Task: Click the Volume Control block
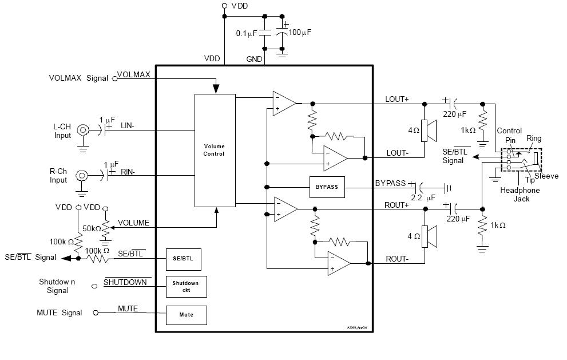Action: point(215,151)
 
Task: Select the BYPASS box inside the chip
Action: point(327,187)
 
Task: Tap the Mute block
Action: point(187,315)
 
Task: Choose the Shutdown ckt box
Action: point(186,287)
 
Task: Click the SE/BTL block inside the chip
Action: point(183,259)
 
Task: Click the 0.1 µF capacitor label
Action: point(248,34)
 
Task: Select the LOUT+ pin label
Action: point(397,99)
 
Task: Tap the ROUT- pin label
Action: point(397,259)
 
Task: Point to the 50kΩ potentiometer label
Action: point(92,229)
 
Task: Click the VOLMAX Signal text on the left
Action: point(78,78)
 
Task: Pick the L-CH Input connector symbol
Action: point(83,130)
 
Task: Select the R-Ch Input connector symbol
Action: point(83,175)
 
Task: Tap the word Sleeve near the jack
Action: point(546,176)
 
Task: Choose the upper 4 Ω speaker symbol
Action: point(429,130)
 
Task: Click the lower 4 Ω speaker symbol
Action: point(429,236)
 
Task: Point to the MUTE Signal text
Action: point(60,313)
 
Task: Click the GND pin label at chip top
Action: point(254,59)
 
